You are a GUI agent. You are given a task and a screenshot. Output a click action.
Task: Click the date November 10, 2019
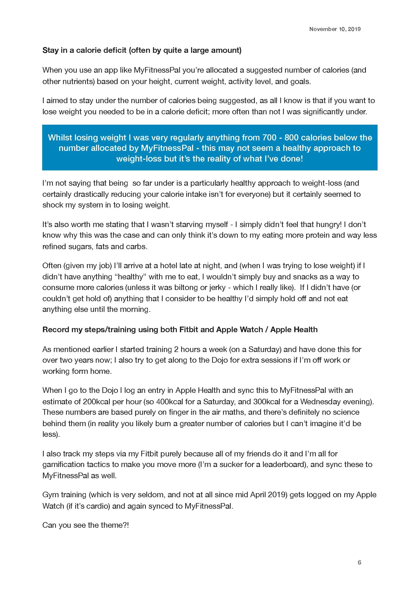[335, 29]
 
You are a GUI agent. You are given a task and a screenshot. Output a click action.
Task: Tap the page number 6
[359, 562]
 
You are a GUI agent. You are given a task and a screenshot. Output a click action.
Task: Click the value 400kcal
[170, 401]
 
